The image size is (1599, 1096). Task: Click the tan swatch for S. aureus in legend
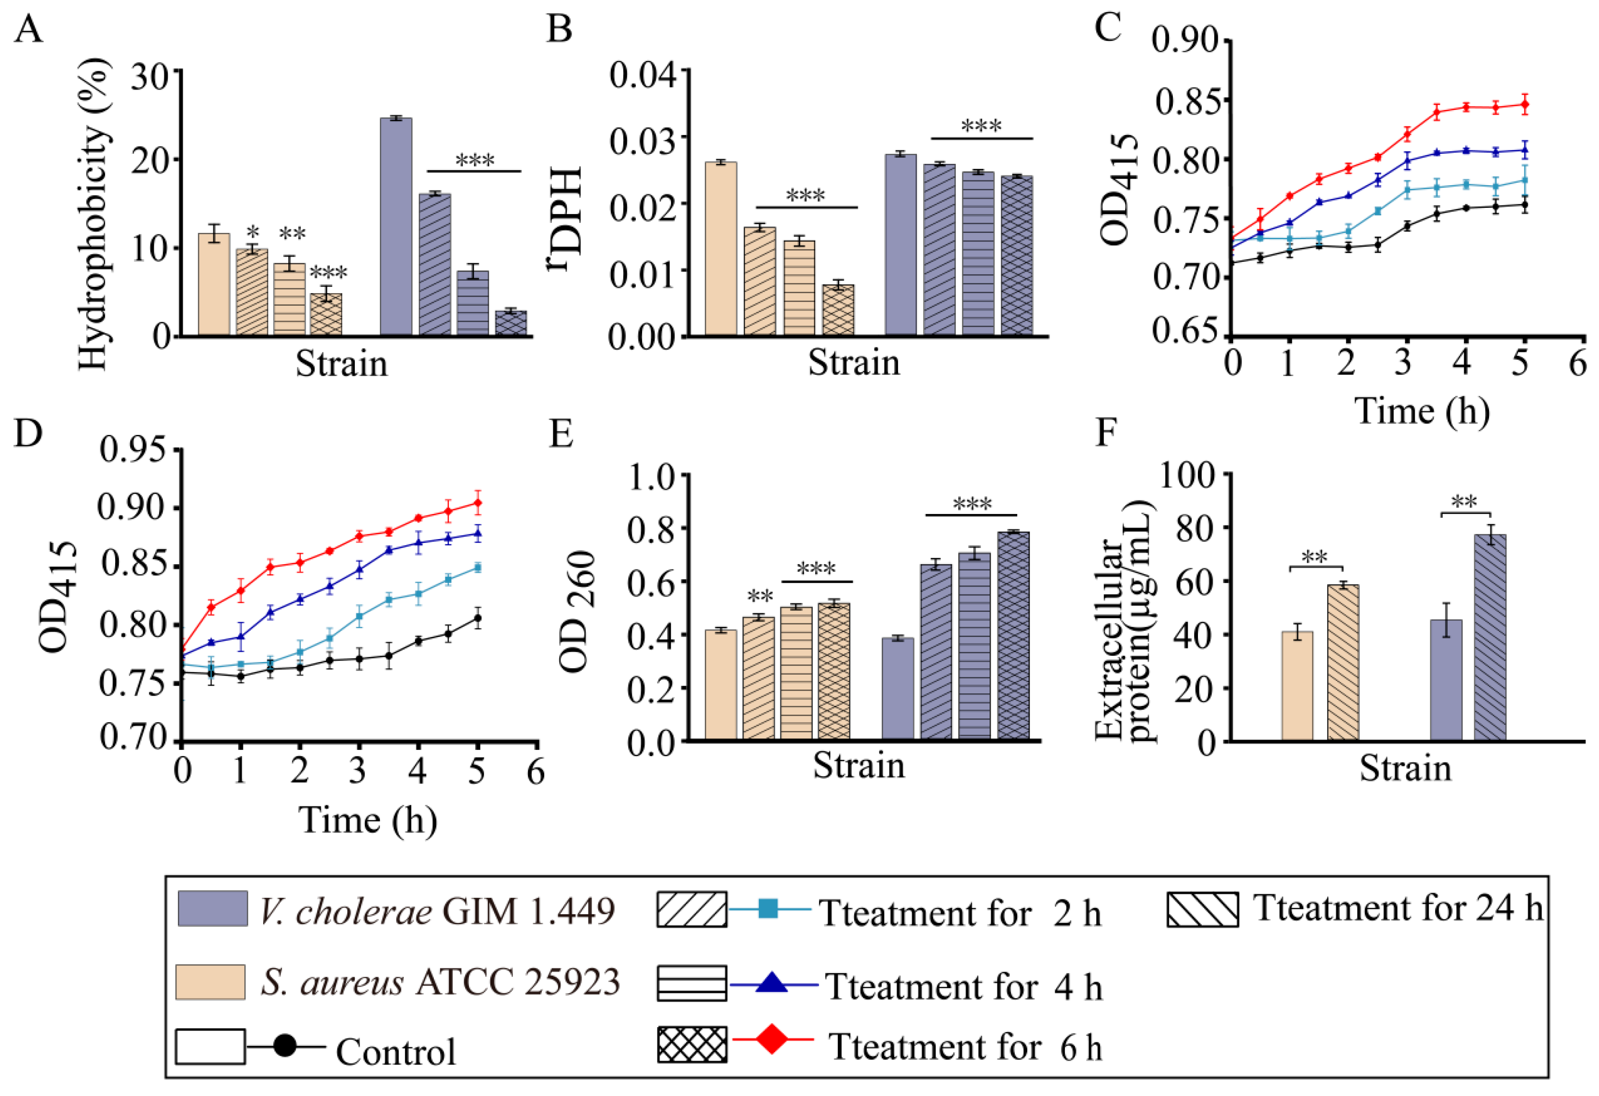click(211, 981)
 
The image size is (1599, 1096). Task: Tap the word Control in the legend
click(396, 1052)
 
